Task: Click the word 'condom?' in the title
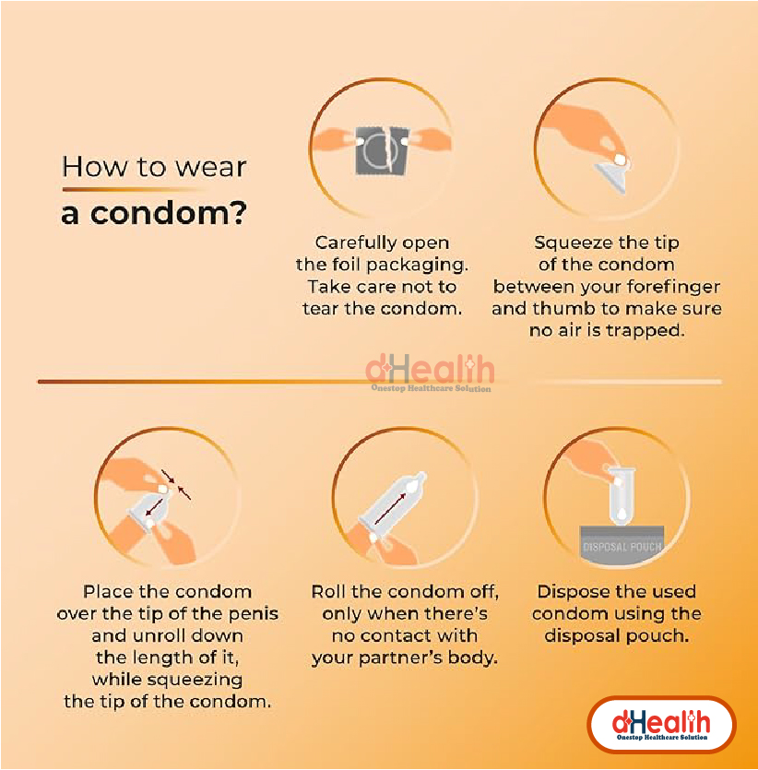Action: tap(168, 214)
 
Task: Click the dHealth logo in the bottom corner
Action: tap(661, 724)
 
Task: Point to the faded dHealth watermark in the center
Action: tap(431, 373)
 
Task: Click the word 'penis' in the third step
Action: tap(254, 614)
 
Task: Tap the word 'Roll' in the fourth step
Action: tap(329, 591)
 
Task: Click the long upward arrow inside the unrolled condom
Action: tap(391, 509)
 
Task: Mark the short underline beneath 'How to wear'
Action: tap(133, 189)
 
